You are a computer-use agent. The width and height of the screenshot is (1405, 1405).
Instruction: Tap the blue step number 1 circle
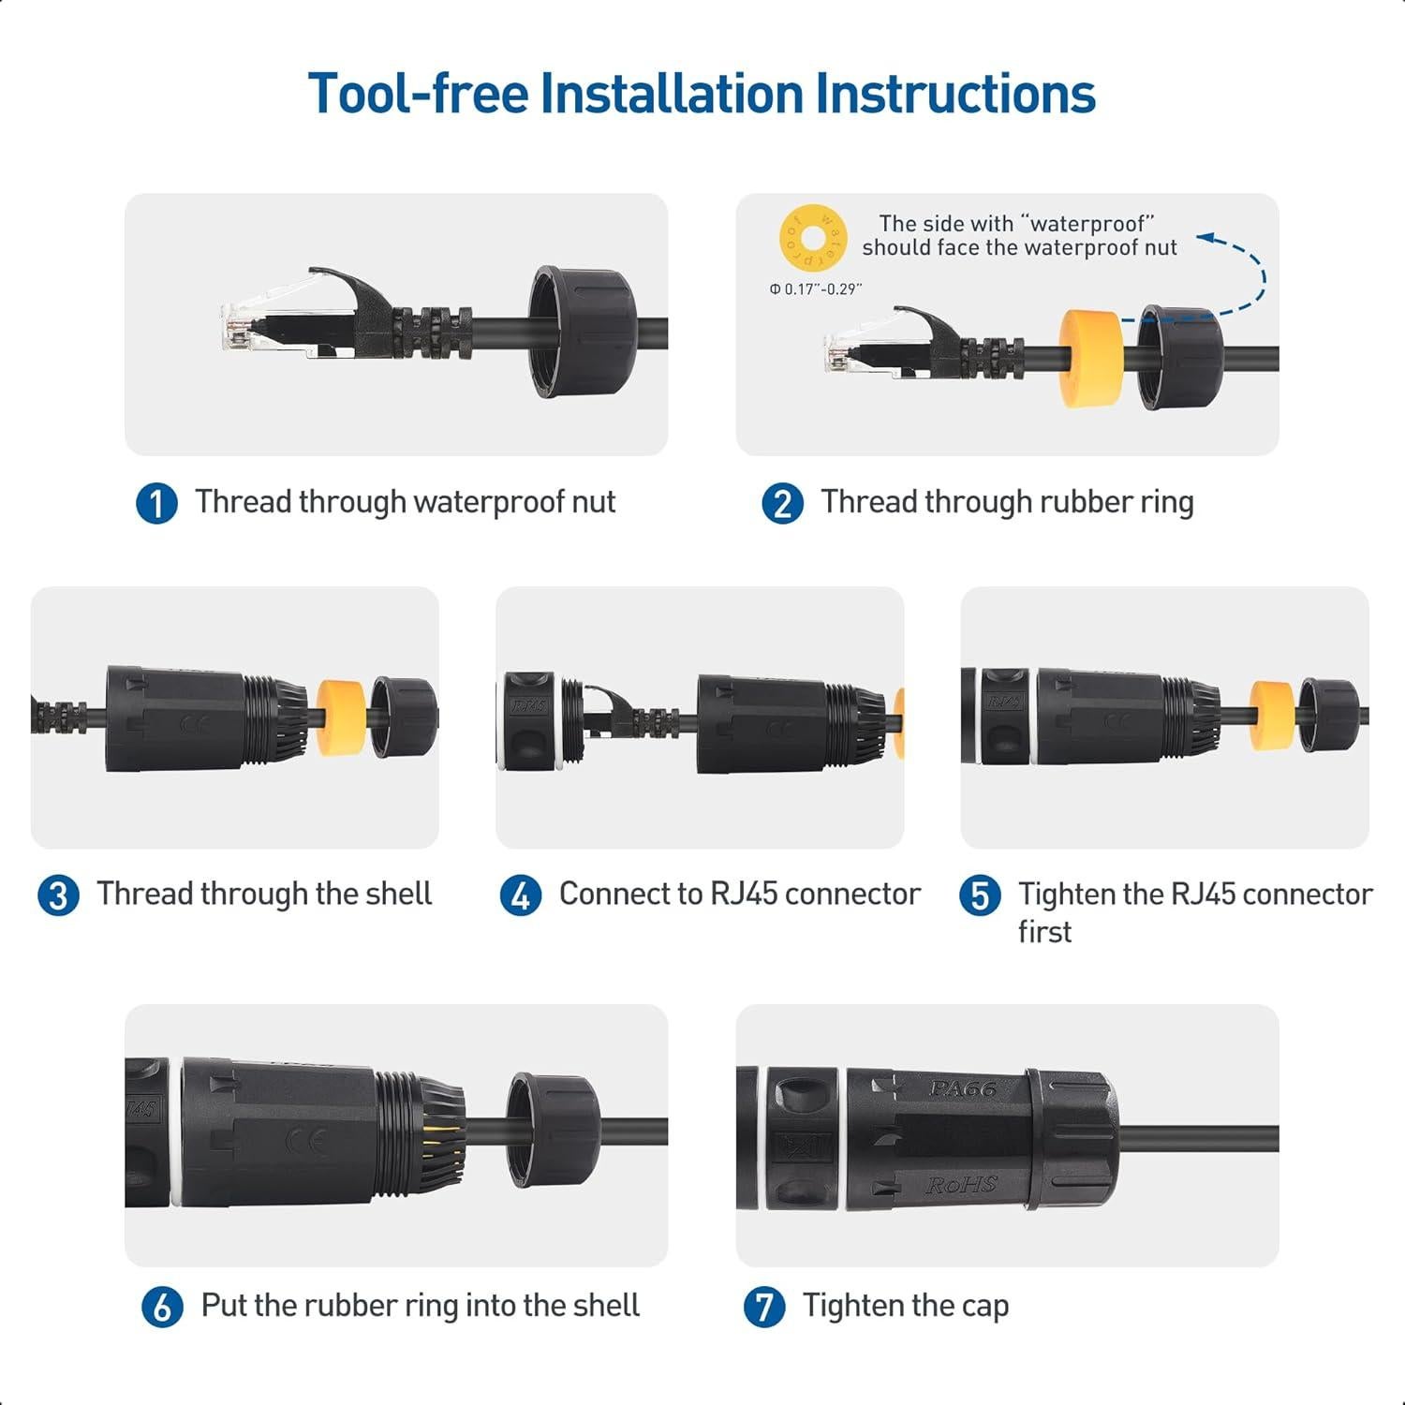point(156,504)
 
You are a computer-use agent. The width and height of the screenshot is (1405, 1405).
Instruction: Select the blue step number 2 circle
point(782,504)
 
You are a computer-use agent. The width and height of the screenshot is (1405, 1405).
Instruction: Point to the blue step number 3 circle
point(58,895)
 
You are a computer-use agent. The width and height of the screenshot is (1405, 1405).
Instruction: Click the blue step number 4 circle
point(521,895)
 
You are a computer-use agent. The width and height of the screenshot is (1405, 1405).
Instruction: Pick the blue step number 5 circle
point(980,895)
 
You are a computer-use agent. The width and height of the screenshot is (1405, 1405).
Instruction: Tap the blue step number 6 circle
point(162,1307)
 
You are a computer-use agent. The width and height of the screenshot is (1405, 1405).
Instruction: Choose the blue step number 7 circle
point(763,1307)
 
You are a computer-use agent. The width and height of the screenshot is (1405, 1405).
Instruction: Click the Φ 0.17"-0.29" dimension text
point(815,289)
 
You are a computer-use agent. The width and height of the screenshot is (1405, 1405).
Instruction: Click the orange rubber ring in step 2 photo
point(1090,359)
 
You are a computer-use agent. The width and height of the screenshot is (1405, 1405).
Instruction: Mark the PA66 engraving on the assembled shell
point(962,1088)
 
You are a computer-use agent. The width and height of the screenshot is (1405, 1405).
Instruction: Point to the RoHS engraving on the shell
point(961,1184)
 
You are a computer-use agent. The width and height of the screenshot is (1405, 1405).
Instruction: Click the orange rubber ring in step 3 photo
point(341,718)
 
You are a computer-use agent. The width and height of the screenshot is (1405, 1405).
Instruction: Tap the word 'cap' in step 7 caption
point(984,1308)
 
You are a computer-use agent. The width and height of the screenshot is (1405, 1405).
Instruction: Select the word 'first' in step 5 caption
point(1044,932)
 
